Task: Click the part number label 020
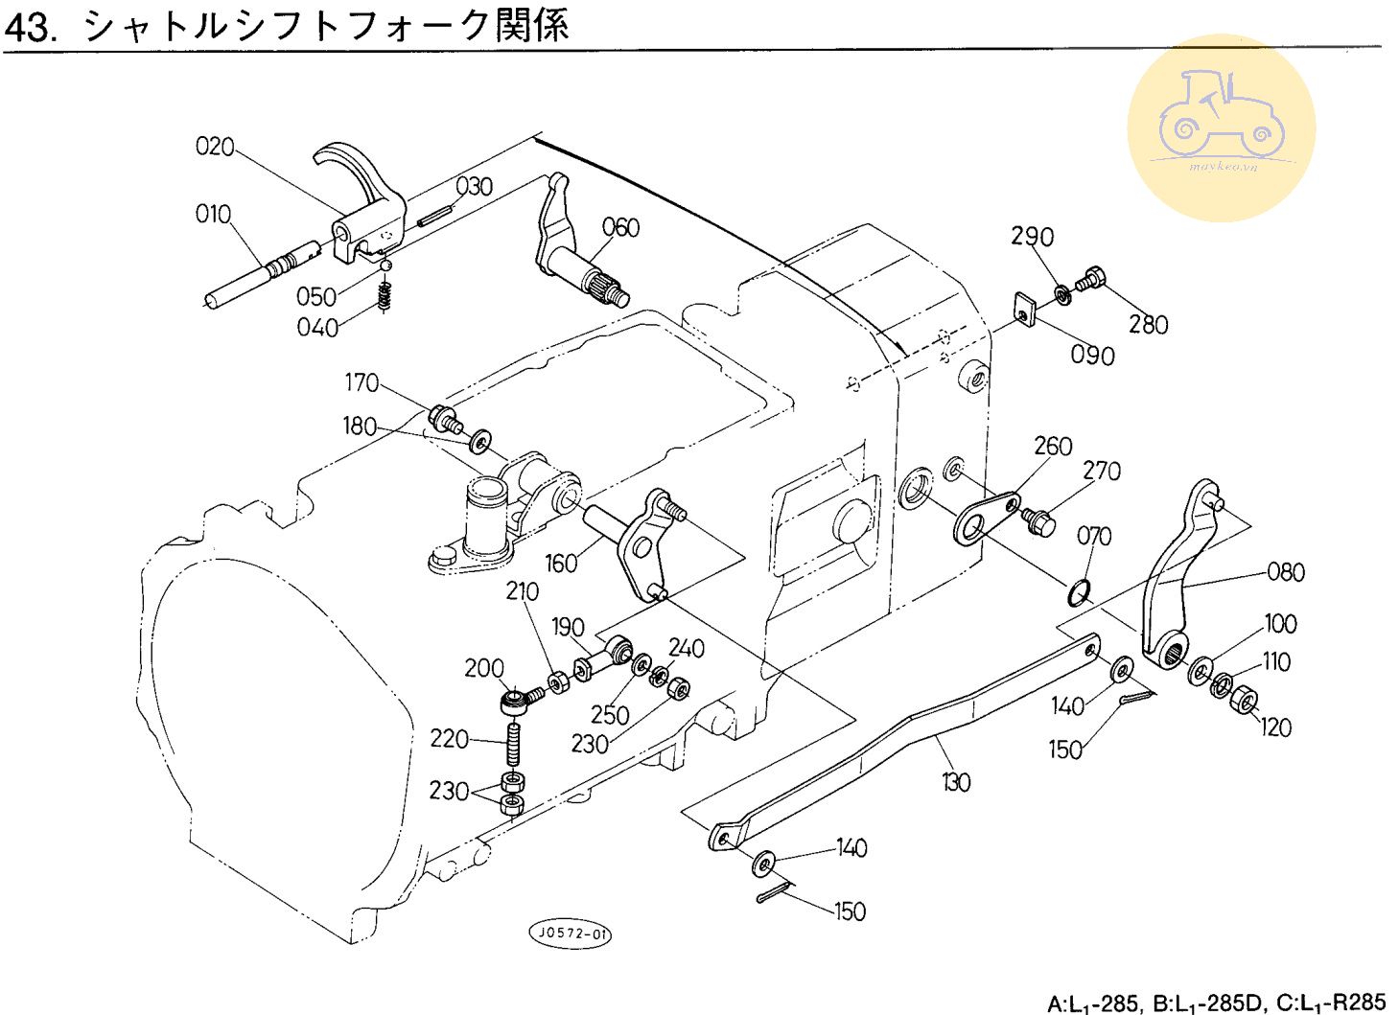pyautogui.click(x=215, y=147)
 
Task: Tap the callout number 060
pyautogui.click(x=620, y=228)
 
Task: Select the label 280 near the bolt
pyautogui.click(x=1148, y=324)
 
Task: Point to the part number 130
pyautogui.click(x=956, y=782)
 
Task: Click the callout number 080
pyautogui.click(x=1286, y=572)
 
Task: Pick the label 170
pyautogui.click(x=361, y=383)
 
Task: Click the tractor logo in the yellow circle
pyautogui.click(x=1221, y=120)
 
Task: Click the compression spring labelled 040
pyautogui.click(x=385, y=297)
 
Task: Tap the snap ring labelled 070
pyautogui.click(x=1079, y=593)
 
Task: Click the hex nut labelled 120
pyautogui.click(x=1244, y=701)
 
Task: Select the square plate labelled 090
pyautogui.click(x=1026, y=308)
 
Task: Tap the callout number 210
pyautogui.click(x=523, y=592)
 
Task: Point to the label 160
pyautogui.click(x=561, y=563)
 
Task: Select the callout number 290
pyautogui.click(x=1032, y=237)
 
